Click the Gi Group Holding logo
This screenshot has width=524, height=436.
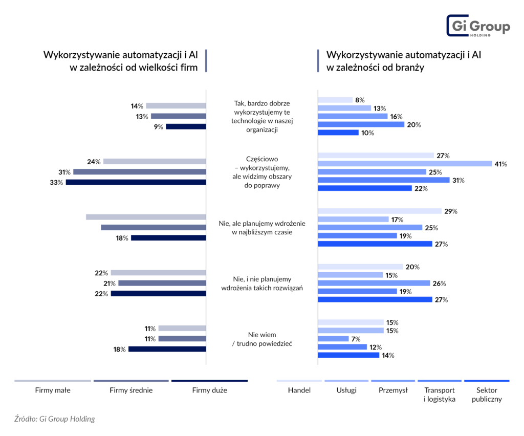click(x=478, y=26)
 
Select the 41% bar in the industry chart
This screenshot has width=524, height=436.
click(x=405, y=164)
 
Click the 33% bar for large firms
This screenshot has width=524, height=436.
click(x=136, y=182)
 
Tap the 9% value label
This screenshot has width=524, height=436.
click(x=159, y=127)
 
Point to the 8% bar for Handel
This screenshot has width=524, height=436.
click(x=335, y=100)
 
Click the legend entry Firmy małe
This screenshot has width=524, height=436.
click(x=53, y=390)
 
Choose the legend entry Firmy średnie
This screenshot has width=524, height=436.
click(x=131, y=390)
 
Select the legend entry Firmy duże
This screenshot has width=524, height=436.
click(x=209, y=390)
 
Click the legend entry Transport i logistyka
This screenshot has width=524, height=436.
click(x=440, y=395)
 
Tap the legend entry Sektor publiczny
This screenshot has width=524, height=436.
click(x=487, y=395)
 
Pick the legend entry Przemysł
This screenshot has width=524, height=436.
click(x=393, y=390)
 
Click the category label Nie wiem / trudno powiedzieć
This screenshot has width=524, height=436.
click(x=262, y=339)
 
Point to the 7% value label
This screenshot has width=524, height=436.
click(x=356, y=339)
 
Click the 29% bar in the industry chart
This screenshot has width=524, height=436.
click(x=380, y=211)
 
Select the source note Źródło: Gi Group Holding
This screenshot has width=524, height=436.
click(x=54, y=419)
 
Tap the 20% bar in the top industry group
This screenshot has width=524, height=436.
click(x=361, y=125)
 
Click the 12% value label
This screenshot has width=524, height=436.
click(x=376, y=347)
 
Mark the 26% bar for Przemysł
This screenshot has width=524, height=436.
click(x=374, y=284)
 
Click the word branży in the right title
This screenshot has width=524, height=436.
click(x=410, y=68)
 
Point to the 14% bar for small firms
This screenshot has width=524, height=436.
click(x=176, y=106)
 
